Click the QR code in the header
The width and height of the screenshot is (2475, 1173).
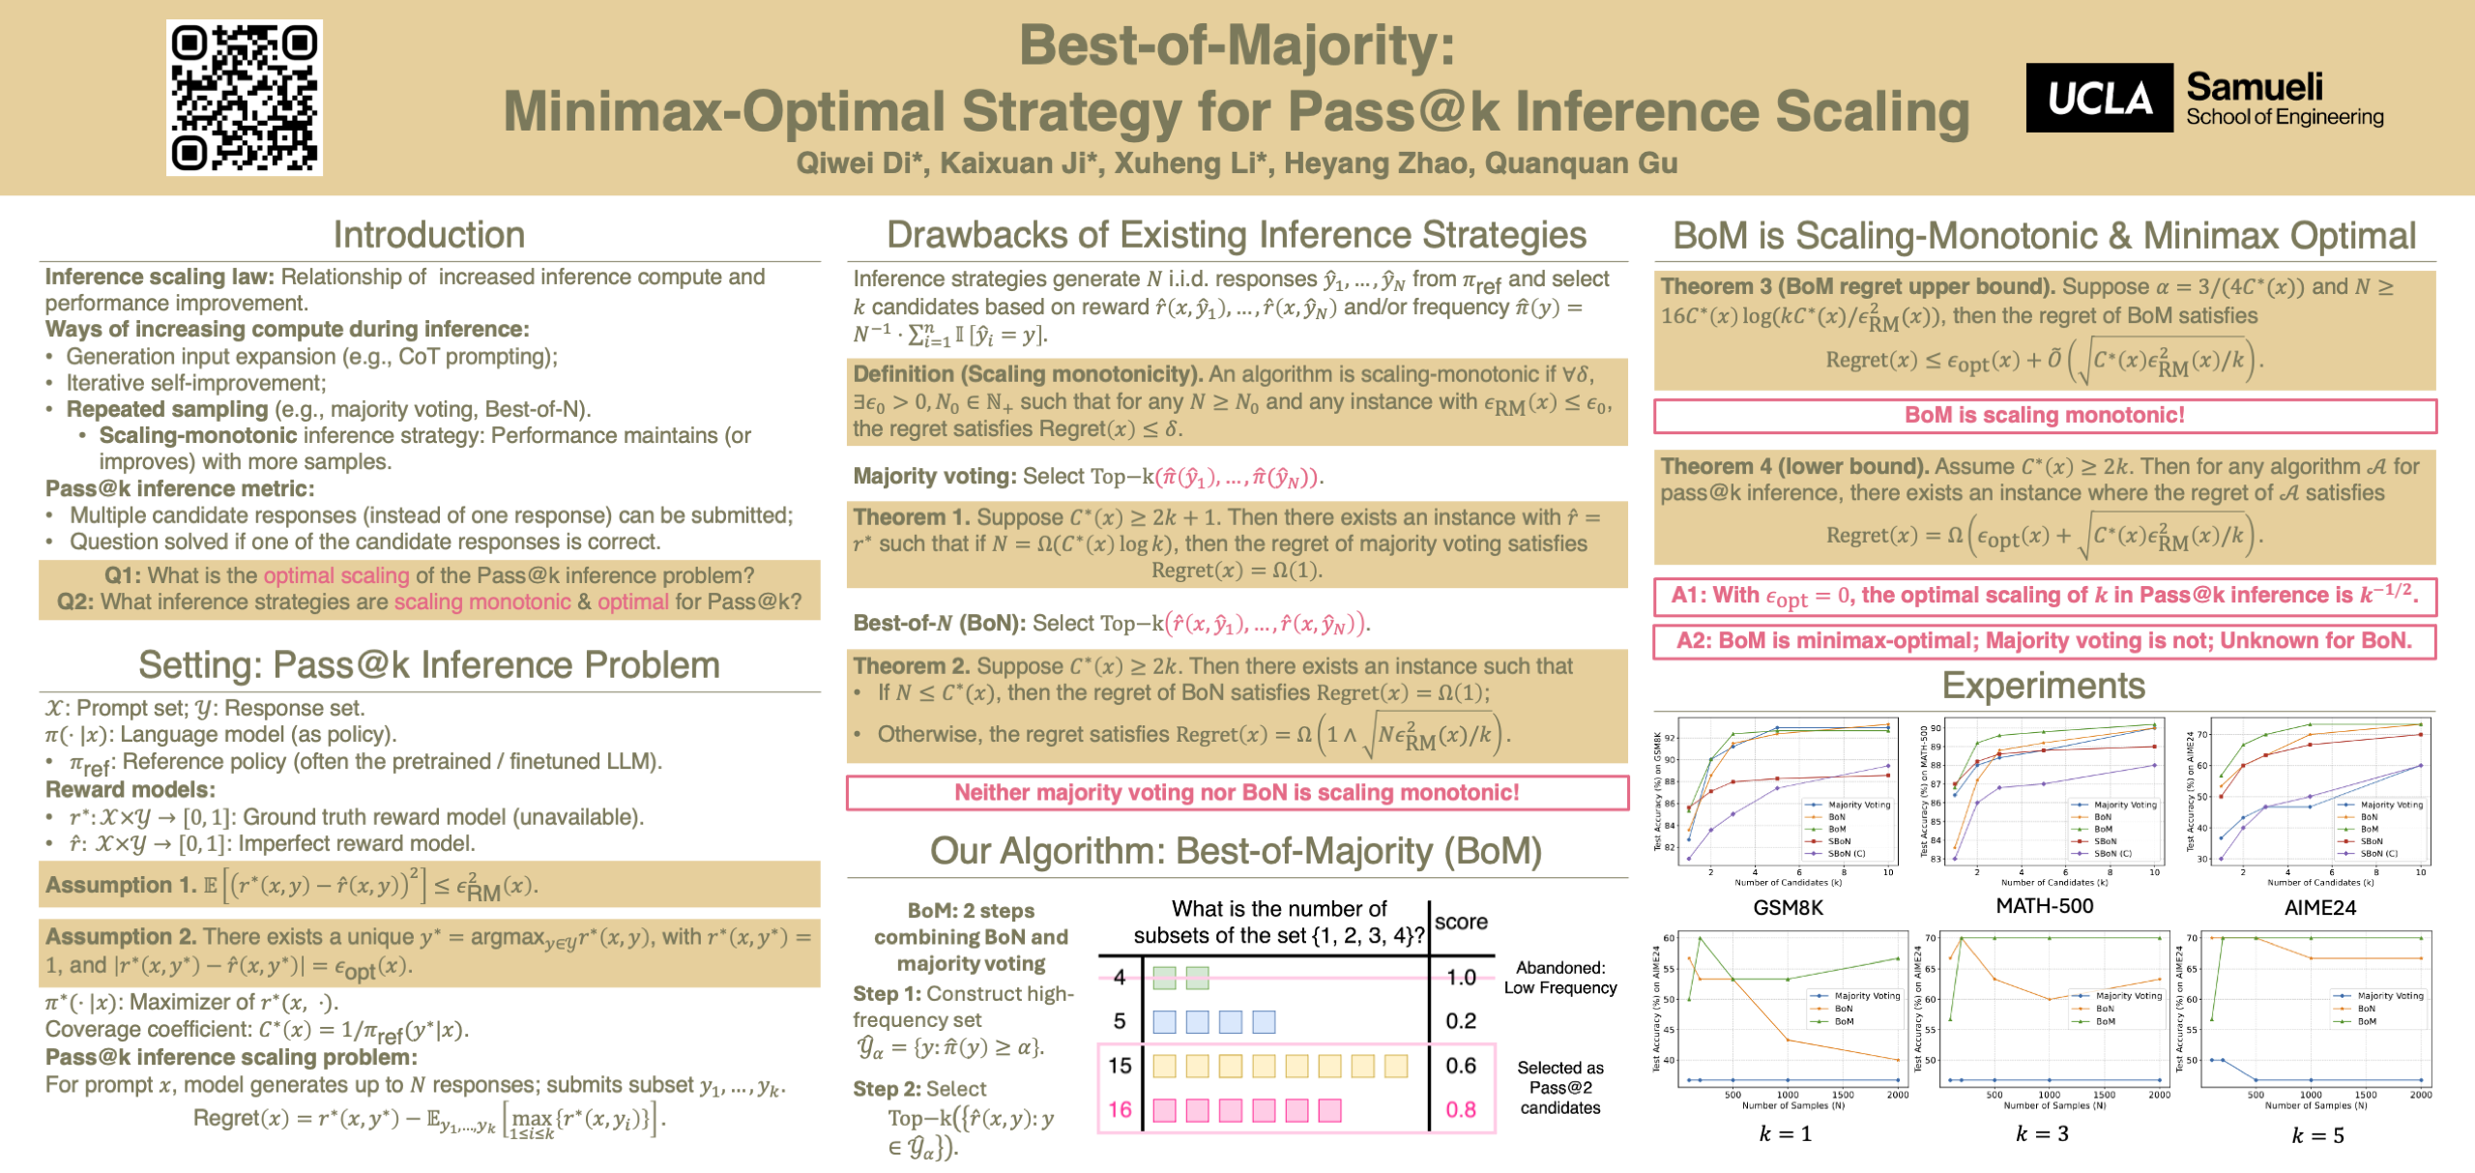245,98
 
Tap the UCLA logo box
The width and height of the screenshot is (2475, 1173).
2099,99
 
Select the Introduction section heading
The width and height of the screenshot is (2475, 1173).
429,235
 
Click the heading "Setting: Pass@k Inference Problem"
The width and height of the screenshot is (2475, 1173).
429,665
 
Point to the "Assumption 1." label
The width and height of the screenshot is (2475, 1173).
121,885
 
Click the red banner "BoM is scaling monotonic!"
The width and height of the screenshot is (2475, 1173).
2044,416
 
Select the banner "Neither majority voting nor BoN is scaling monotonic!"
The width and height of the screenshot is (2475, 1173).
1237,793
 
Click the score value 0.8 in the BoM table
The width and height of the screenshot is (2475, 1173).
1461,1110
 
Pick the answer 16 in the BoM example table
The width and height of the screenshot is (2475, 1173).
1120,1110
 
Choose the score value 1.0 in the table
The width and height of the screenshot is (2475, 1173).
1461,977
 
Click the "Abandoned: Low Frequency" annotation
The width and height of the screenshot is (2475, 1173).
1559,978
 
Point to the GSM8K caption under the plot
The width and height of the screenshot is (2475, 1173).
1788,907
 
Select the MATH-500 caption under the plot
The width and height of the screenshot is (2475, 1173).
2045,906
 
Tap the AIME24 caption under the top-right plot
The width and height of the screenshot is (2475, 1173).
2319,907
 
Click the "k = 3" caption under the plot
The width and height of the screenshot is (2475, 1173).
2042,1133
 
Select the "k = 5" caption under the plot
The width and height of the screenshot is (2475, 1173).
2317,1135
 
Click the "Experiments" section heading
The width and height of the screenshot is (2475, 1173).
2044,686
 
